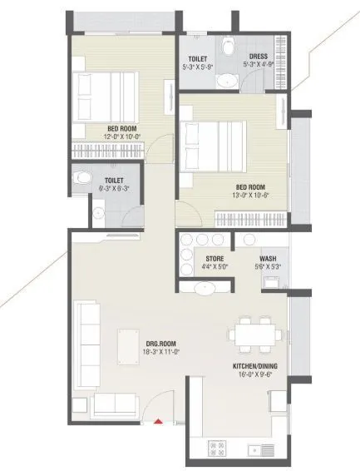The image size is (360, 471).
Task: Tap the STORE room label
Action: [215, 259]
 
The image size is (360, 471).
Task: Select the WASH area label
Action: [267, 259]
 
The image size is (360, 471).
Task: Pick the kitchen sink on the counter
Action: [264, 450]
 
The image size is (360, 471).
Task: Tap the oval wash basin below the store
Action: [202, 288]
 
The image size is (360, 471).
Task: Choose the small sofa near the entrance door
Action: [114, 404]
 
